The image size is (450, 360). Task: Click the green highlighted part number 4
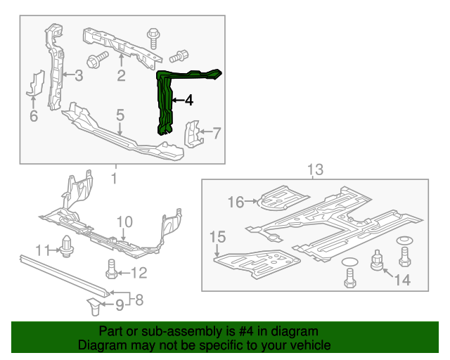tap(166, 102)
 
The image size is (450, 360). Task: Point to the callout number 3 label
tap(79, 75)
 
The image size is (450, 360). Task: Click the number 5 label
tap(120, 114)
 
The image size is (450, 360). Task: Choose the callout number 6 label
tap(33, 116)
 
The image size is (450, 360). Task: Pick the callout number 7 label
tap(217, 131)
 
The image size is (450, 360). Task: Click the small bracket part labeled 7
tap(191, 134)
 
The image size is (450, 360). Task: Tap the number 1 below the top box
tap(114, 179)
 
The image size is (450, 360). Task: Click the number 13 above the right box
tap(315, 169)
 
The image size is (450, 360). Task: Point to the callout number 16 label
tap(235, 202)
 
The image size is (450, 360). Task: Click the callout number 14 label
tap(401, 281)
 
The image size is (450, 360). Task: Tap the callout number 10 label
tap(124, 223)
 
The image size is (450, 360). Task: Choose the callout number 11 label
tap(44, 250)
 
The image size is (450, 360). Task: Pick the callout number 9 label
tap(119, 304)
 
